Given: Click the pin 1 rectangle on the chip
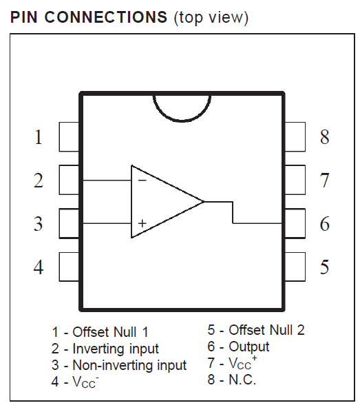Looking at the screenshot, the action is [69, 137].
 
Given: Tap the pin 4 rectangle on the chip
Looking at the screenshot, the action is [69, 267].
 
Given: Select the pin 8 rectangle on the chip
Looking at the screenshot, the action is [295, 137].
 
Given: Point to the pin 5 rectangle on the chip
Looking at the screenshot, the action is [295, 267].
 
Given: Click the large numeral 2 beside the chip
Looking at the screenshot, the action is [39, 181].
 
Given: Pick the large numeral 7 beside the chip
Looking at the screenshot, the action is [325, 181].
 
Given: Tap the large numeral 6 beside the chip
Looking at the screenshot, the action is [325, 224].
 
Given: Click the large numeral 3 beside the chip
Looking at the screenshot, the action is [39, 224].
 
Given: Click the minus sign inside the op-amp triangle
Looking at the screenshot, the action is [142, 181].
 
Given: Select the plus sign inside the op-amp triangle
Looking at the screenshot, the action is [142, 223].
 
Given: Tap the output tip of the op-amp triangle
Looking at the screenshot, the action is [204, 202].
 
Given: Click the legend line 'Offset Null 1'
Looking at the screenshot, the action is [100, 332].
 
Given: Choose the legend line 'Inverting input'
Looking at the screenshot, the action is [105, 349].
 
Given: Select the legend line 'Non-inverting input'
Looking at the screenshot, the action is [119, 365].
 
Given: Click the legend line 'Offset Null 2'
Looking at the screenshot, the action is [256, 330].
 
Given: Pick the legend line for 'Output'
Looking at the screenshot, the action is [238, 347].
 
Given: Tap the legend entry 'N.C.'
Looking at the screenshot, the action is [232, 380].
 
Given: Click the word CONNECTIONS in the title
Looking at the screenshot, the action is [106, 17].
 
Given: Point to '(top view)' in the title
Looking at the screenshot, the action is [211, 18].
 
